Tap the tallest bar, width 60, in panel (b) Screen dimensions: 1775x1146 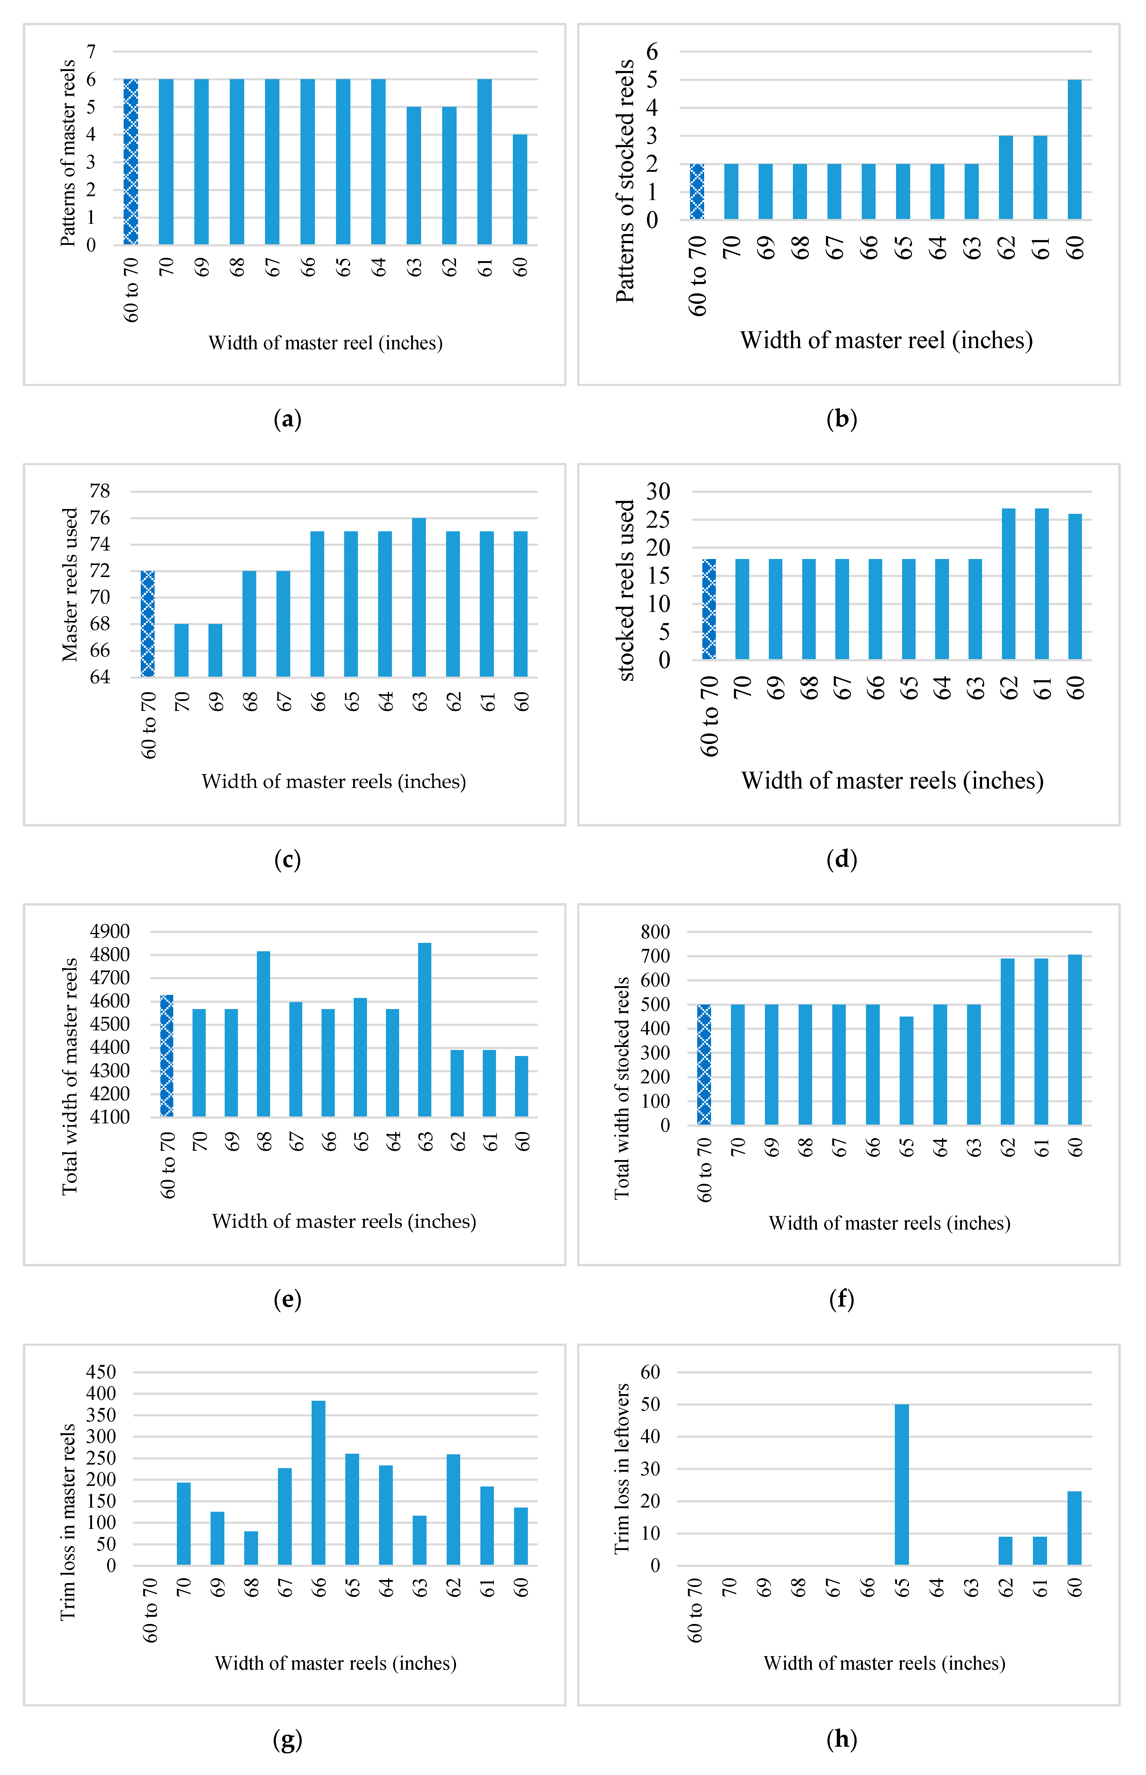pyautogui.click(x=1074, y=149)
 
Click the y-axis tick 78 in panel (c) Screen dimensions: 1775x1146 pyautogui.click(x=100, y=491)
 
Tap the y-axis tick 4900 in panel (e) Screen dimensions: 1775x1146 pyautogui.click(x=110, y=932)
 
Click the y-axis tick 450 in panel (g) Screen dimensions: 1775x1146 pyautogui.click(x=101, y=1372)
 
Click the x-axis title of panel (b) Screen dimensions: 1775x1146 pyautogui.click(x=886, y=341)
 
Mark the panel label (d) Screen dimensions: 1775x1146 pyautogui.click(x=842, y=860)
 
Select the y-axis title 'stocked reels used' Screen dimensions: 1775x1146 pyautogui.click(x=626, y=590)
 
